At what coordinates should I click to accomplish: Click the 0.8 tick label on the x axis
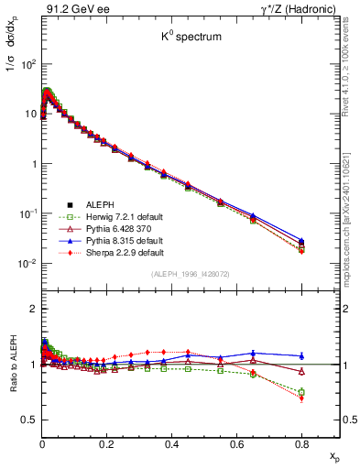pyautogui.click(x=301, y=442)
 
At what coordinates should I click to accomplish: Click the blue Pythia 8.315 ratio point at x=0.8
pyautogui.click(x=301, y=355)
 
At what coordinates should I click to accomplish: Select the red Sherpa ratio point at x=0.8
pyautogui.click(x=301, y=398)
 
